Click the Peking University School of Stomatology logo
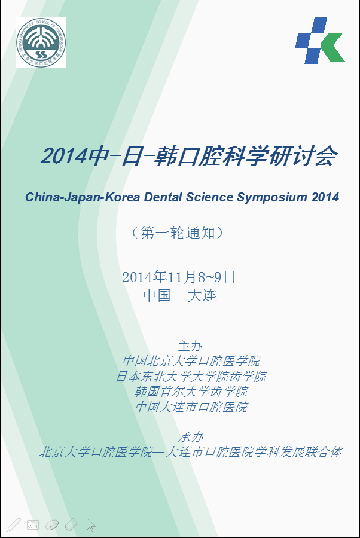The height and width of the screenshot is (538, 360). coord(41,42)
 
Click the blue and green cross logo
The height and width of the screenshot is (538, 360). coord(320,41)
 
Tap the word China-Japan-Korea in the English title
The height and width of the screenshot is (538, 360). coord(83,197)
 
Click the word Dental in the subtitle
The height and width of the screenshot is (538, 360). coord(163,197)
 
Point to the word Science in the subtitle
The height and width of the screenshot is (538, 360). coord(210,197)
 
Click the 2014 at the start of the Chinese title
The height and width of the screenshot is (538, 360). coord(64,157)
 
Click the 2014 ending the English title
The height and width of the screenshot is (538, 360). coord(325,197)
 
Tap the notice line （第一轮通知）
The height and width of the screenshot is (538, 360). coord(178,233)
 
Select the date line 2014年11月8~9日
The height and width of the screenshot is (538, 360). coord(178,277)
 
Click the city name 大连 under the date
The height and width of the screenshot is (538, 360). coord(202,295)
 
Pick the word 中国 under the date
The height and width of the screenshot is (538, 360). coord(157,295)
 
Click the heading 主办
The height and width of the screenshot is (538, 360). coord(190,346)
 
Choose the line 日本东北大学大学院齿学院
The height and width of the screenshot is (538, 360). coord(191,377)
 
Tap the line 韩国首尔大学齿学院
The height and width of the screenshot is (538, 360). coord(191,392)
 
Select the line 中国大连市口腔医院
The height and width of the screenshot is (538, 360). coord(191,407)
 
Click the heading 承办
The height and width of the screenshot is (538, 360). coord(191,437)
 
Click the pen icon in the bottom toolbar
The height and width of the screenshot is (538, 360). coord(14,525)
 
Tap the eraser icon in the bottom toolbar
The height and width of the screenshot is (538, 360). coord(71,525)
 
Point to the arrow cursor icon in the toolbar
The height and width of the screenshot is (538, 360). coord(91,525)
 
